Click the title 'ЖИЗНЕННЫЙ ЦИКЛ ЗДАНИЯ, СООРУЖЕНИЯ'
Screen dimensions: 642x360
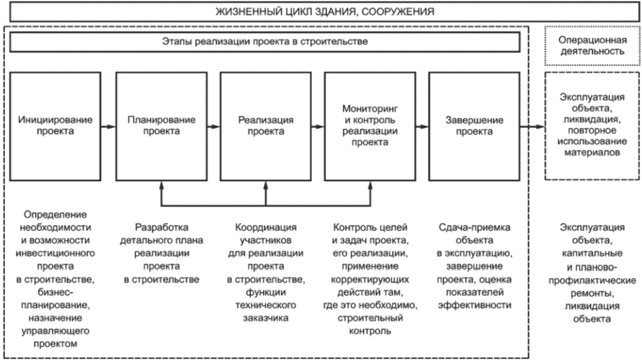(324, 11)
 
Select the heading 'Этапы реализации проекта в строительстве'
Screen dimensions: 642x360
(265, 41)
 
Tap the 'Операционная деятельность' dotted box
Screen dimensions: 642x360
(592, 45)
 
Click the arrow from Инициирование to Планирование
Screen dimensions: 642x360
(108, 126)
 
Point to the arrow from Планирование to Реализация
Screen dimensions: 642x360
(214, 126)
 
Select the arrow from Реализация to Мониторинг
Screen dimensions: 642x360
(318, 126)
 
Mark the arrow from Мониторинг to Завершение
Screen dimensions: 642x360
(422, 126)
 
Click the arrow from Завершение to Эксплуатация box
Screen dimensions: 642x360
(532, 126)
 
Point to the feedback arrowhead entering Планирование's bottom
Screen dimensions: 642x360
(161, 185)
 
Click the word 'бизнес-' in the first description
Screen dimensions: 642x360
(55, 292)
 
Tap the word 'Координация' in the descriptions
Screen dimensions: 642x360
(266, 227)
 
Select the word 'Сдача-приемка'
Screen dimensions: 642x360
(475, 227)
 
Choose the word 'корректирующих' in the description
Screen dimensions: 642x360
(370, 280)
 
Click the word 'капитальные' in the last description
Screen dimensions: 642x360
(592, 253)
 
